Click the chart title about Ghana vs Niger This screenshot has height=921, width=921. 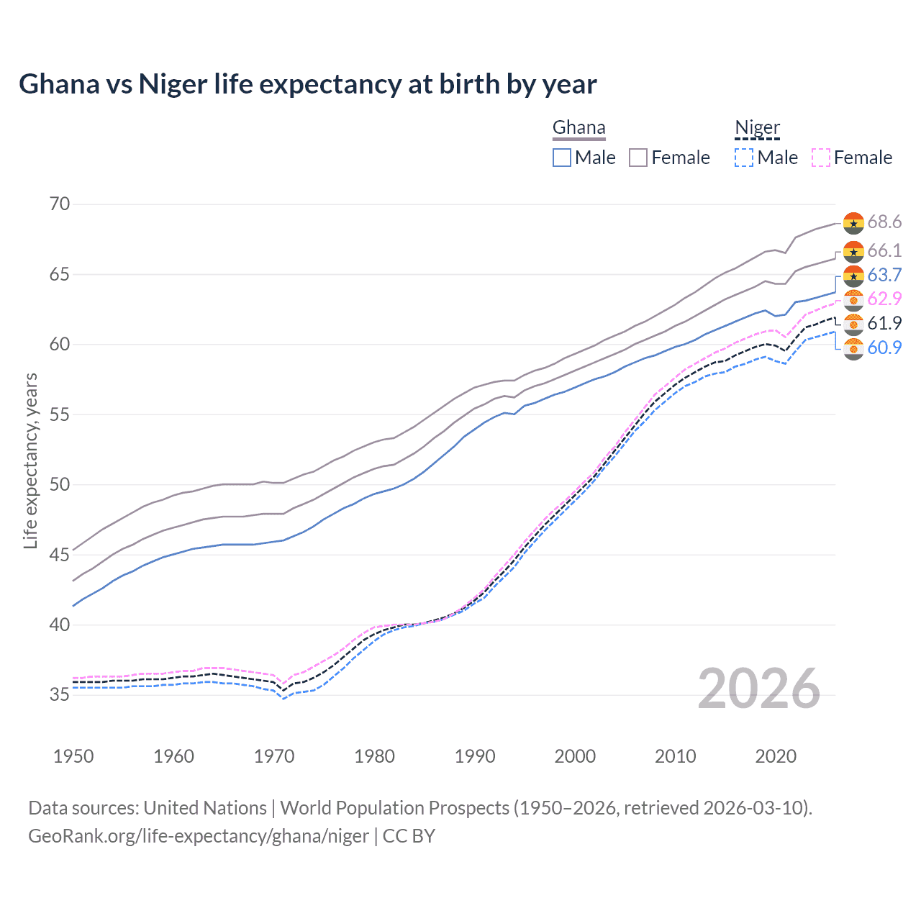(x=307, y=84)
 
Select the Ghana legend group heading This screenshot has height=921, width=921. (x=579, y=128)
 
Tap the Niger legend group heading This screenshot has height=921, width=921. (x=757, y=128)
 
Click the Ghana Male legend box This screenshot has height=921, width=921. (x=562, y=158)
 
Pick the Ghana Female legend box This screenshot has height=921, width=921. (x=638, y=158)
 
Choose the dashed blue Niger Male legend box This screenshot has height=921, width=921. (x=744, y=158)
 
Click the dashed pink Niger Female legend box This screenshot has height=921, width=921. (x=820, y=158)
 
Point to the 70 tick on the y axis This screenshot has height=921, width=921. (x=60, y=204)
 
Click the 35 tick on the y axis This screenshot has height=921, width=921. (x=60, y=695)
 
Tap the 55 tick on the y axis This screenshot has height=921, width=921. (x=60, y=414)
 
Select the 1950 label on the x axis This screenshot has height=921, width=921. (x=73, y=756)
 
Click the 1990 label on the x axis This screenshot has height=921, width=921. (x=475, y=756)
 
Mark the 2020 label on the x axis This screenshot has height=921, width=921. (x=776, y=756)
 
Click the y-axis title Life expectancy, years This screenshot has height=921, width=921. (x=30, y=460)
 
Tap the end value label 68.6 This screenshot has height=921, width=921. (x=884, y=222)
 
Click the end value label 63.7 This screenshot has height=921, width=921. (x=884, y=276)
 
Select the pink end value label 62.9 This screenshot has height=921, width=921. (x=884, y=299)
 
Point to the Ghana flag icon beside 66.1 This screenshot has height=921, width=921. (x=853, y=252)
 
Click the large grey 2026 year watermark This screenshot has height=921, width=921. (x=758, y=689)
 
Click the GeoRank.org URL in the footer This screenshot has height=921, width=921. (x=199, y=836)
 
